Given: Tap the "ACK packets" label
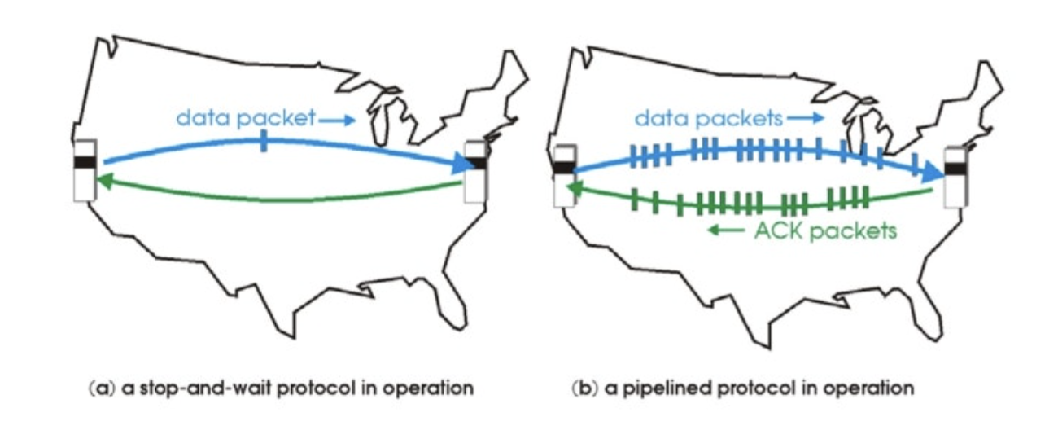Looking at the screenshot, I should tap(824, 230).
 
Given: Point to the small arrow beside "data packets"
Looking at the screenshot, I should tap(803, 120).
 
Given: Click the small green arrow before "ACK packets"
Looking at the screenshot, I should tap(725, 230).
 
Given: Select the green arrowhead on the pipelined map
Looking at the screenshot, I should tap(575, 190).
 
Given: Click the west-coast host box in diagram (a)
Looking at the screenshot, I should tap(84, 169).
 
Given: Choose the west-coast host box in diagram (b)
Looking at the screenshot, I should tap(563, 175).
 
